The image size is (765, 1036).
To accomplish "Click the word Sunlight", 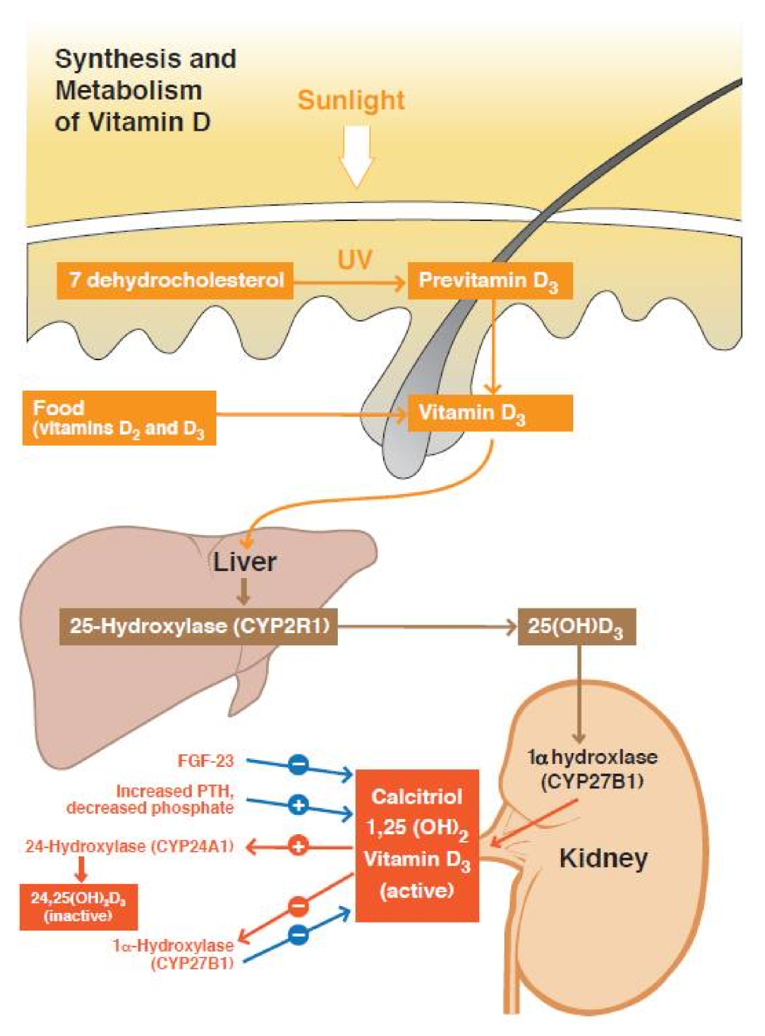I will [351, 100].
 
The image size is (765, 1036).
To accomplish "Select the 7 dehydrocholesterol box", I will [175, 280].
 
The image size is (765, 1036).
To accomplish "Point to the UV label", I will [355, 260].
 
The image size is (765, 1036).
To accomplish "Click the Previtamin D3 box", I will [489, 281].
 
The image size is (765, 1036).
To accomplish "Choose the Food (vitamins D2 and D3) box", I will [119, 418].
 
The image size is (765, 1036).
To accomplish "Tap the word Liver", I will [245, 562].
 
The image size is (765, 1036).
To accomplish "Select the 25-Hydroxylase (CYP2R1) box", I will [199, 626].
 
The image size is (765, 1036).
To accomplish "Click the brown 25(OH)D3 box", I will [576, 627].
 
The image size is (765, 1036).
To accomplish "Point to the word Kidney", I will [604, 858].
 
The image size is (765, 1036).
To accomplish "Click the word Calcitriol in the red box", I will [417, 797].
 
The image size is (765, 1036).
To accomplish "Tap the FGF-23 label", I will [206, 761].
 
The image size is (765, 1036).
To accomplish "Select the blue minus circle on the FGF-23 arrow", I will [299, 764].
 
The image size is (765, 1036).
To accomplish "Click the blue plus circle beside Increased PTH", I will [299, 804].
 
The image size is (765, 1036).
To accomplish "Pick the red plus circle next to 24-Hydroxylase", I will [299, 846].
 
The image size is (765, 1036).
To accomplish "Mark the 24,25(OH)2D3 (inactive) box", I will [79, 907].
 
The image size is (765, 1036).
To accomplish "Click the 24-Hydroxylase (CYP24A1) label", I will [129, 846].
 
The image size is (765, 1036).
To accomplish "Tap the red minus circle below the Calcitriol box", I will [299, 907].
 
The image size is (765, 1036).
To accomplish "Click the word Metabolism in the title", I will [128, 90].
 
